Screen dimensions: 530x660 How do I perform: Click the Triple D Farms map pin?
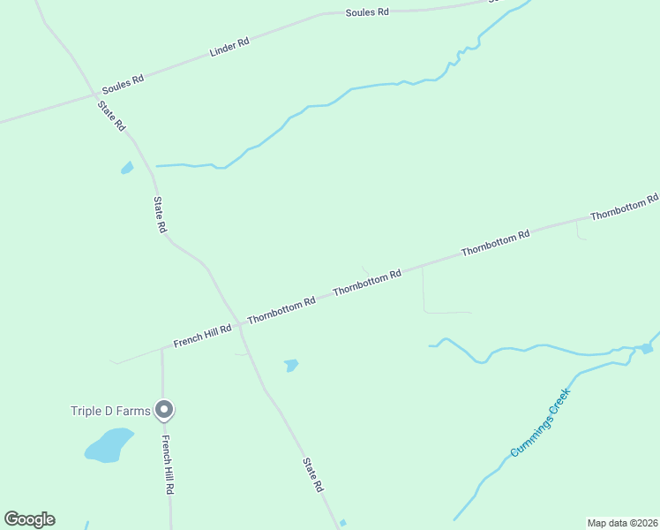point(163,409)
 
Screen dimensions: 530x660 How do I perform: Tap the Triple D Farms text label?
point(111,410)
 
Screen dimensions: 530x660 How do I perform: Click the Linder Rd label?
point(229,47)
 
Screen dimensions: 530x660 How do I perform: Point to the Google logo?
point(29,519)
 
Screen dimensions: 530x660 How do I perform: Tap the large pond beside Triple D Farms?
point(109,445)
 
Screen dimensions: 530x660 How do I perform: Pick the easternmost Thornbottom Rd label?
point(624,208)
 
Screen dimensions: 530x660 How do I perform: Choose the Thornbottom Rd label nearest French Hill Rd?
point(281,310)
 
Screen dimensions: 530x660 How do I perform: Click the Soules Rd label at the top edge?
point(367,12)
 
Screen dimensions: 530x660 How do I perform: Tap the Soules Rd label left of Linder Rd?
point(123,85)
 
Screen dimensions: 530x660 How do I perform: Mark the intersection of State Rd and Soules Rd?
point(95,93)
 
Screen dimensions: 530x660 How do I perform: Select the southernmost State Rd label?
point(311,474)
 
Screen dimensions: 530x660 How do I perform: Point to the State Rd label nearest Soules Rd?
point(112,116)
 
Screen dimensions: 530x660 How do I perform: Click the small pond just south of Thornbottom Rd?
point(291,365)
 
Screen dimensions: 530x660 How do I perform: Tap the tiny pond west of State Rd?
point(127,167)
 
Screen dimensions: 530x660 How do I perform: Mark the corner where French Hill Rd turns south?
point(162,349)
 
